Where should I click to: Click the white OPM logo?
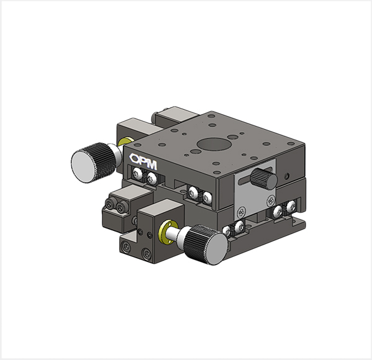click(143, 161)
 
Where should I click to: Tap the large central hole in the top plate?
click(213, 144)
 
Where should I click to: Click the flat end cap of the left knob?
click(82, 167)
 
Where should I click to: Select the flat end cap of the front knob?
click(217, 249)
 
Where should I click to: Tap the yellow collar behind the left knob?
click(125, 142)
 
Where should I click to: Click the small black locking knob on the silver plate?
click(264, 178)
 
